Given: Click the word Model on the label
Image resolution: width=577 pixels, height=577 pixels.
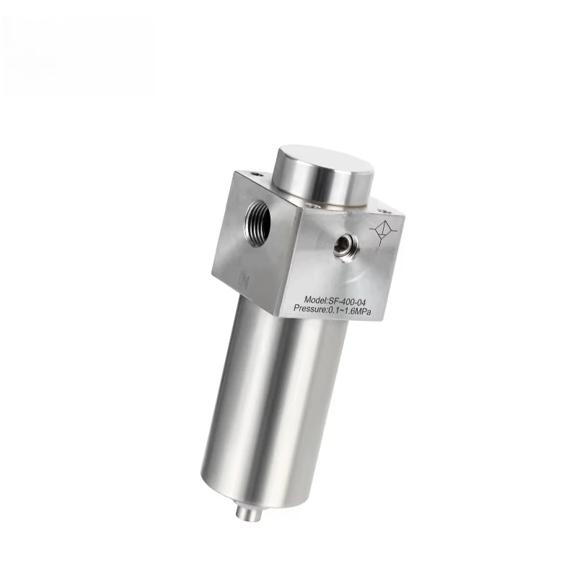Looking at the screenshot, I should click(x=316, y=298).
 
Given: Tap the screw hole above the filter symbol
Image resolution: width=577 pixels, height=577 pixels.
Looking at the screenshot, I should click(x=383, y=211).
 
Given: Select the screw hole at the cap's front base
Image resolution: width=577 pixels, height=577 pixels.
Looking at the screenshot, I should click(x=312, y=205).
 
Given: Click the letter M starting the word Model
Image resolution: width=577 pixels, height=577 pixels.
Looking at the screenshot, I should click(x=307, y=298).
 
